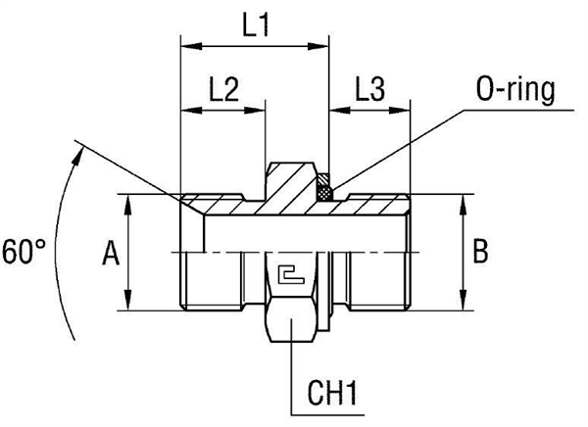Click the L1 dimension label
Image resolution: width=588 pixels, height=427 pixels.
click(256, 26)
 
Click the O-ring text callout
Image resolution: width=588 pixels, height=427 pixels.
click(514, 90)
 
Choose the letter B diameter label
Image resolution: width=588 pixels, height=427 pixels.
click(480, 252)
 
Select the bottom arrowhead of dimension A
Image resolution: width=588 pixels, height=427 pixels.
click(128, 305)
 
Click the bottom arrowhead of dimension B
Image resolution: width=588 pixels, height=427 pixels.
click(462, 305)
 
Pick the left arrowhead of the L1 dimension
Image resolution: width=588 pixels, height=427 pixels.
click(187, 45)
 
